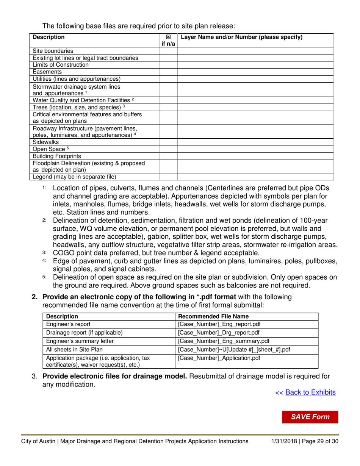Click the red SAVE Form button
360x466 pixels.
click(309, 417)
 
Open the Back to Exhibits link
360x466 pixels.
click(310, 393)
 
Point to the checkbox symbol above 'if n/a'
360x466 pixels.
click(168, 38)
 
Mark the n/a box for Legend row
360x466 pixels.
click(168, 177)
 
